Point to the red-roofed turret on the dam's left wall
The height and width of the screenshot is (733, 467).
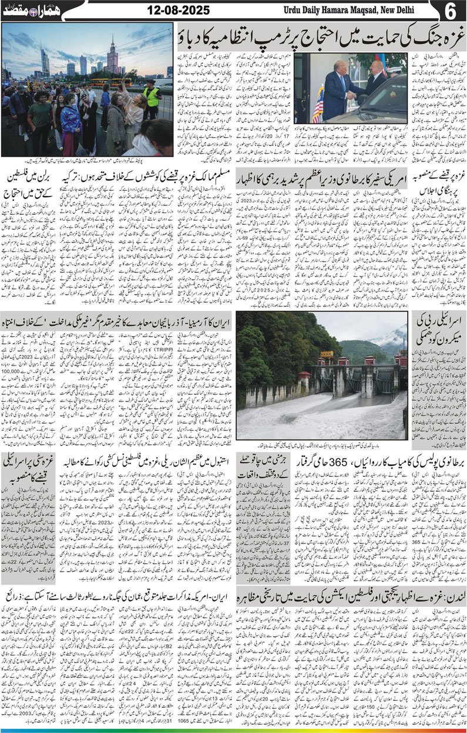[x=304, y=376]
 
